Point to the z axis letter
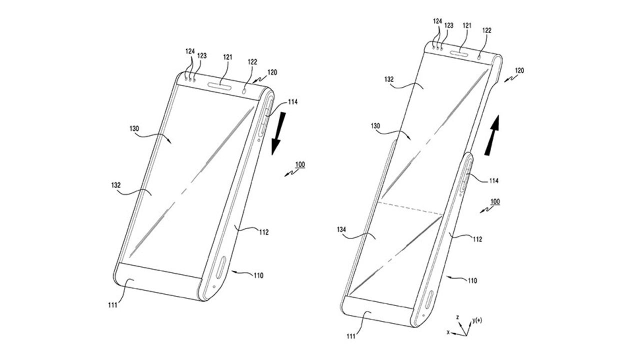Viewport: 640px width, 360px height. pos(457,317)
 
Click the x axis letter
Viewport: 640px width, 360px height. pos(448,331)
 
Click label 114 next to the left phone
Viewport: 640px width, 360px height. pos(292,102)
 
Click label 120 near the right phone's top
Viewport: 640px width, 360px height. pos(519,70)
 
